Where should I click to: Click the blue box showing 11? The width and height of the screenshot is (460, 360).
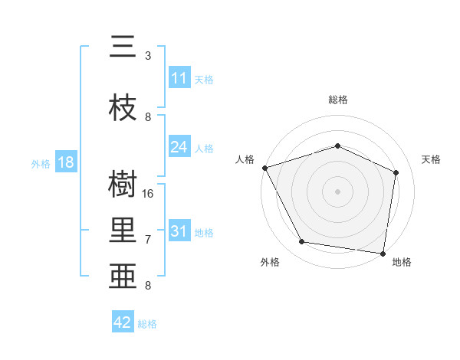coord(179,78)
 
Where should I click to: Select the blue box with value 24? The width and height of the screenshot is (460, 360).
coord(179,147)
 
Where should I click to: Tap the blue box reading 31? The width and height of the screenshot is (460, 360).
coord(179,231)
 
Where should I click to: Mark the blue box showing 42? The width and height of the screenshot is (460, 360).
coord(123,322)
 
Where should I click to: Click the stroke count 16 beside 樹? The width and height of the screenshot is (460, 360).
coord(149,193)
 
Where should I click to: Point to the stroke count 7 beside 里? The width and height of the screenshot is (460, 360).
coord(148,240)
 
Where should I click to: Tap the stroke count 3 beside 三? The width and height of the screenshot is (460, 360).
coord(148,56)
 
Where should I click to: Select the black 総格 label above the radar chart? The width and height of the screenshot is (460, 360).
coord(338,100)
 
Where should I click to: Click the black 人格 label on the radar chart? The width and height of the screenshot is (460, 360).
coord(245,159)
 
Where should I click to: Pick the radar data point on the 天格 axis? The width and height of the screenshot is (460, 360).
coord(396,172)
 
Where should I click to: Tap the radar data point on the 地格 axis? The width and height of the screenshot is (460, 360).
coord(383,253)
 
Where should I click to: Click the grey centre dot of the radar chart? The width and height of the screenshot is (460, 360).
coord(338,191)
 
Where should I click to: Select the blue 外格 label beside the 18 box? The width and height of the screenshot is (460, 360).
coord(41,163)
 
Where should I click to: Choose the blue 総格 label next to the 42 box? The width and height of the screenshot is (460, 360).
coord(147,324)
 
